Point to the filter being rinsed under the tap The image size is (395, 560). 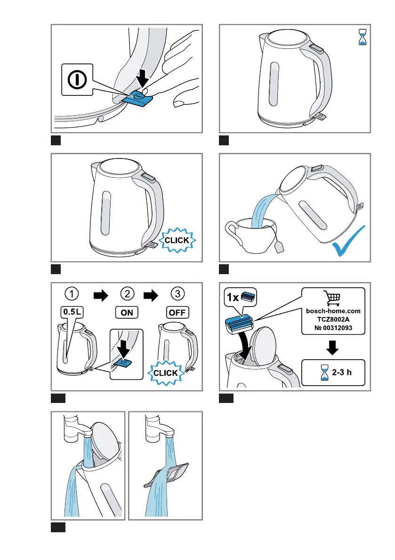174,472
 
